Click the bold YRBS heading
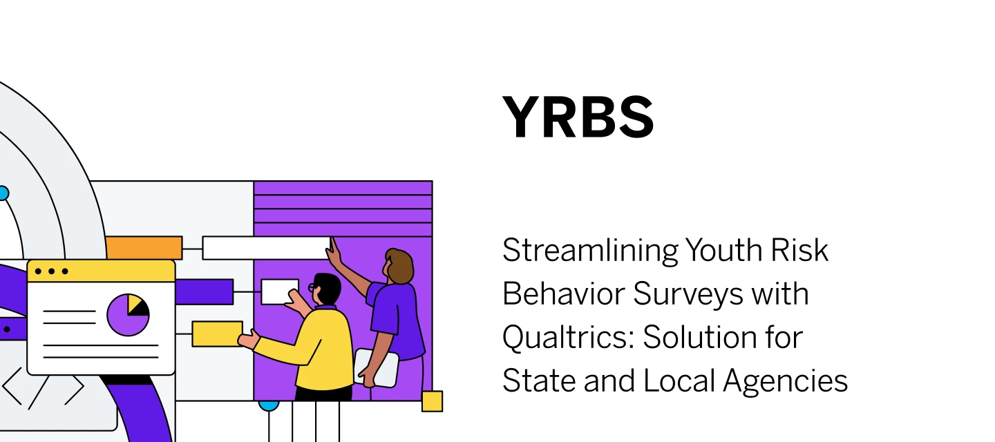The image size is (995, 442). point(578,118)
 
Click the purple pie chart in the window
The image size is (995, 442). point(128,315)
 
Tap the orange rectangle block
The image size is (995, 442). point(144,247)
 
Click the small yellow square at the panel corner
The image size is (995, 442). point(432,401)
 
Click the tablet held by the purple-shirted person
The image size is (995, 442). point(377,366)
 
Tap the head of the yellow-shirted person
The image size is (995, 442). point(326,288)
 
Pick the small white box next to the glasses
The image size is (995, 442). point(278,291)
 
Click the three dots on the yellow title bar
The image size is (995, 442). point(51,271)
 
